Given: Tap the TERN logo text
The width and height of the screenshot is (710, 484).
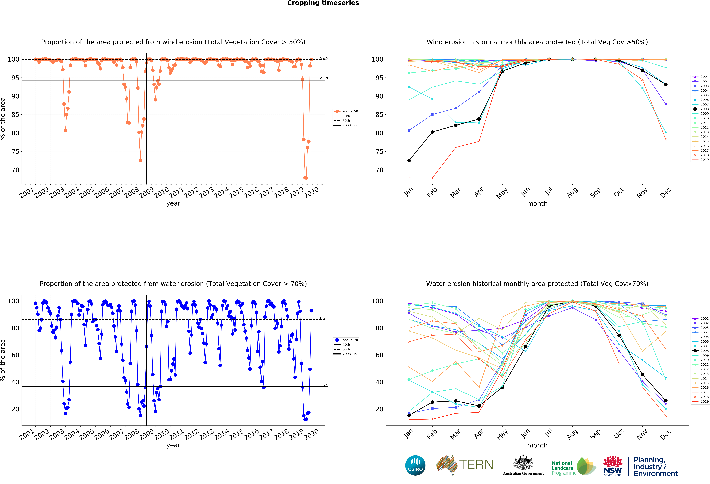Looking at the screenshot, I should [x=476, y=465].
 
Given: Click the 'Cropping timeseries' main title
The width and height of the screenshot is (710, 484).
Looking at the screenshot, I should [x=323, y=3].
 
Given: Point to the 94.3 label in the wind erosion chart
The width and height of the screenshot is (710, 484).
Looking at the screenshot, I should [x=324, y=79].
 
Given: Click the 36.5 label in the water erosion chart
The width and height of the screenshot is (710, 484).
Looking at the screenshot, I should [x=324, y=385].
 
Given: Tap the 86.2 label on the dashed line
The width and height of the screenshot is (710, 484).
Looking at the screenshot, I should [x=324, y=318].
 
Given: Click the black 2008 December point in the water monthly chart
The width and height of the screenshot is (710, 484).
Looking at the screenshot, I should [x=666, y=401].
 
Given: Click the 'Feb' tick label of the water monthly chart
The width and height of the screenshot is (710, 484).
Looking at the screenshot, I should [x=432, y=434].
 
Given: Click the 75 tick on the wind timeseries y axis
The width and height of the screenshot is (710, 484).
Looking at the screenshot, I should [x=15, y=152].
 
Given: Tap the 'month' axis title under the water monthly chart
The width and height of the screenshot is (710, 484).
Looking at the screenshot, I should [x=537, y=445].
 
